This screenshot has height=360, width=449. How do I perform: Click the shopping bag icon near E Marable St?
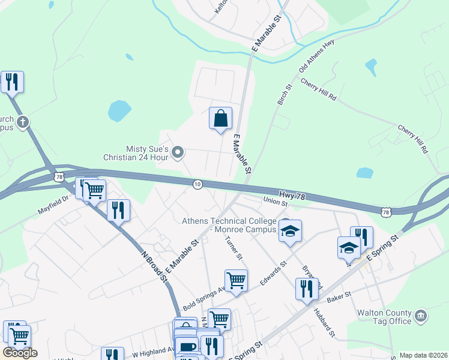[220, 118]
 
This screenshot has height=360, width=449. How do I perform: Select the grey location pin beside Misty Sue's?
[178, 153]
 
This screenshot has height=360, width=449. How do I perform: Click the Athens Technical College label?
[229, 224]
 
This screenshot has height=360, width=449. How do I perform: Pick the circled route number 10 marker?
[197, 184]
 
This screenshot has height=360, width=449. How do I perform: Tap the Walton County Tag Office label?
[393, 317]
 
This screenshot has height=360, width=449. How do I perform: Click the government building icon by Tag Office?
[421, 316]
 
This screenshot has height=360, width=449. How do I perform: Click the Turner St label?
[234, 248]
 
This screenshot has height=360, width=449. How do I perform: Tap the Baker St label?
[339, 295]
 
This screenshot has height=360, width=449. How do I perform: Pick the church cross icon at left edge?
[23, 123]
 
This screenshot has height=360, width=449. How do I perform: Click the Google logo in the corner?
[20, 353]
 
